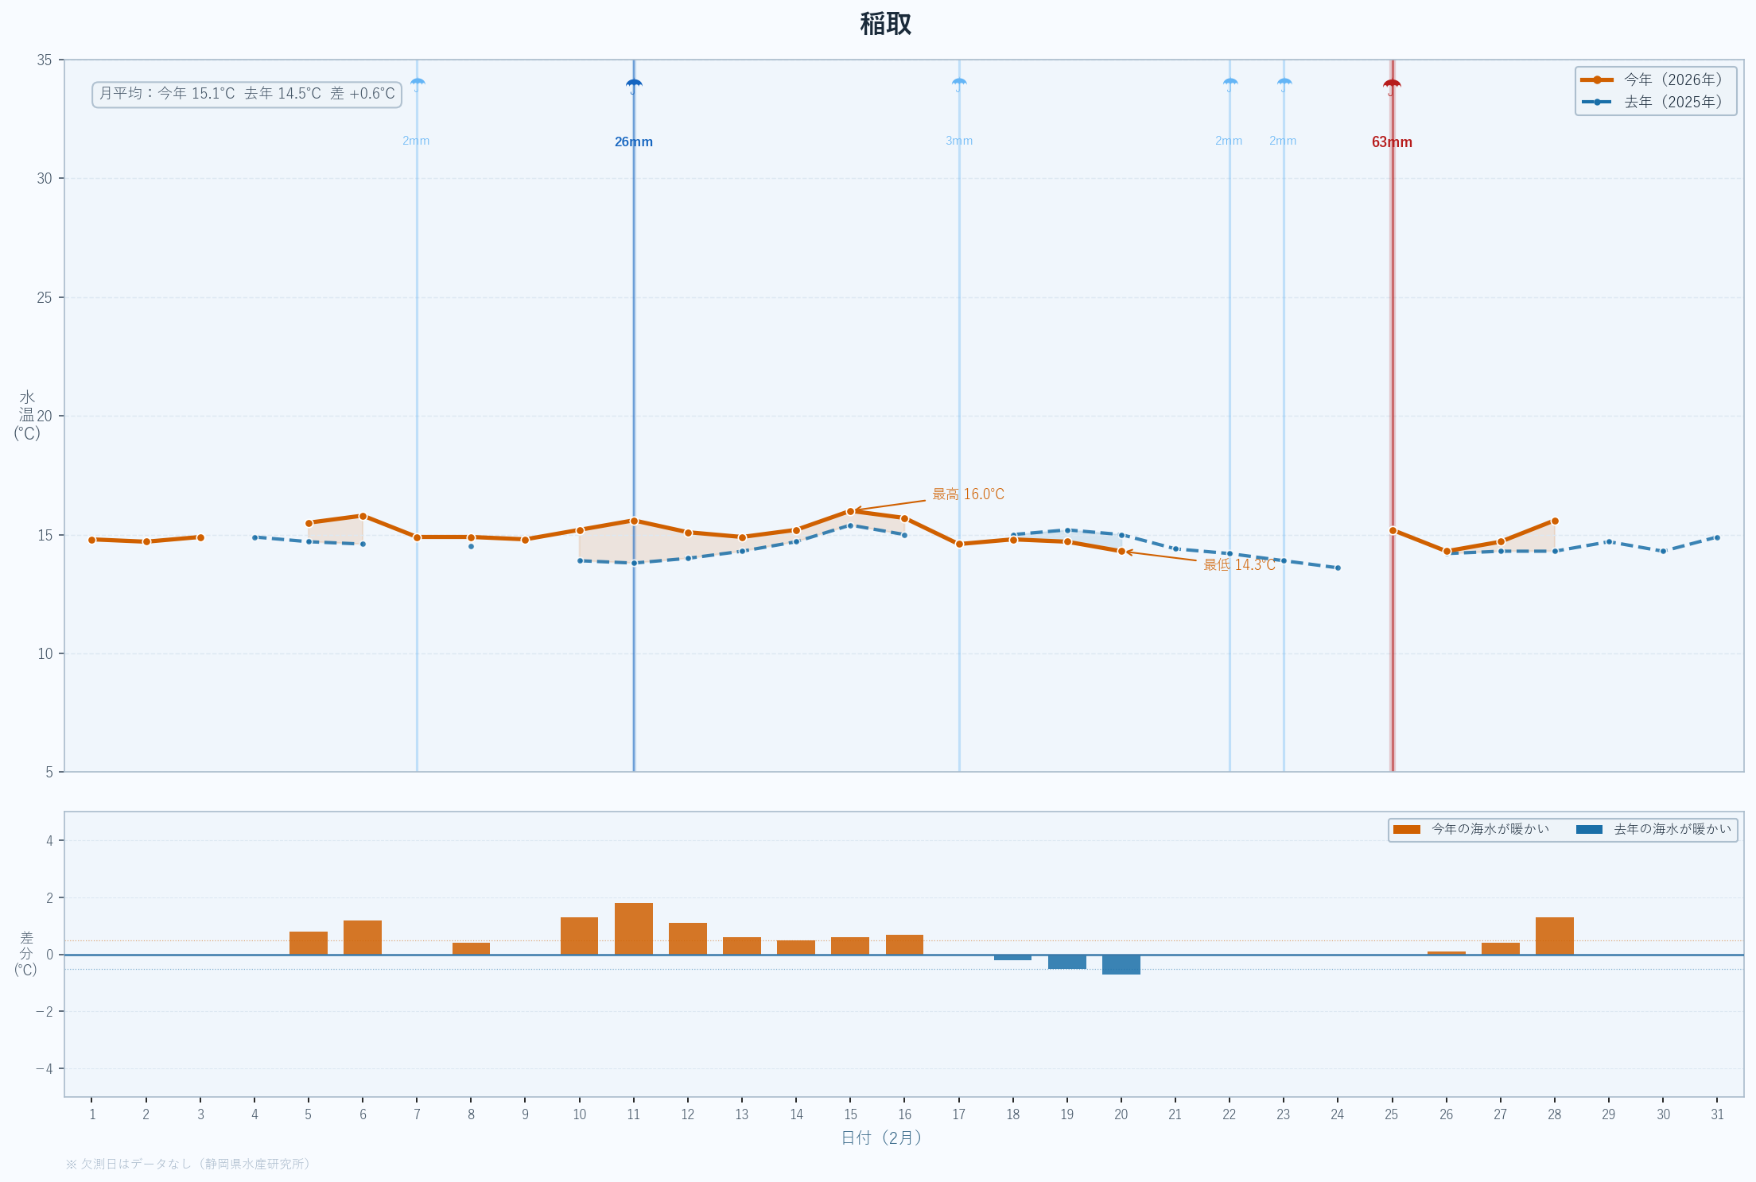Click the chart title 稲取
(885, 24)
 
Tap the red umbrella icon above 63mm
(1392, 86)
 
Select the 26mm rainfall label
(634, 142)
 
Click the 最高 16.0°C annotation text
(968, 494)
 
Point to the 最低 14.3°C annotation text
(1238, 565)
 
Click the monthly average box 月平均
(247, 94)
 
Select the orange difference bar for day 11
(634, 928)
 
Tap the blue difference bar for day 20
(1121, 964)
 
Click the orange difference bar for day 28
(1555, 936)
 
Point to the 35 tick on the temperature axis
(45, 60)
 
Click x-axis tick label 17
(959, 1114)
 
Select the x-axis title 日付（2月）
(881, 1138)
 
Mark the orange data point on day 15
(851, 511)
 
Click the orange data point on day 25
(1393, 530)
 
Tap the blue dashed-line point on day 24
(1338, 568)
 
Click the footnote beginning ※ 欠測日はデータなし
(188, 1164)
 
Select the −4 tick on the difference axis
(45, 1068)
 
